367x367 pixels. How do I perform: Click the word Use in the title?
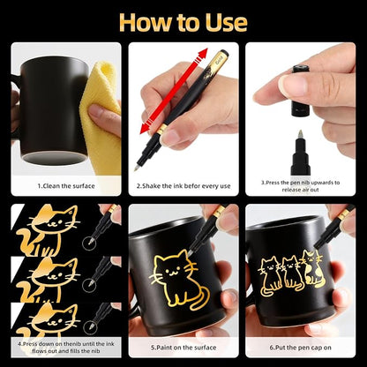tap(227, 23)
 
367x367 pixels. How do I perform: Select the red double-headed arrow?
tap(174, 91)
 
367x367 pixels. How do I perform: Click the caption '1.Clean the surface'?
tap(66, 186)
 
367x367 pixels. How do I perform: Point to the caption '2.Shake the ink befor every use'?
tap(183, 186)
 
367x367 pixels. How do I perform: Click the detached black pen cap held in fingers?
tap(301, 90)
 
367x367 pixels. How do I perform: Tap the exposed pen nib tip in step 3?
tap(300, 134)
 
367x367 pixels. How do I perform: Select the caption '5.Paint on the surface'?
tap(183, 348)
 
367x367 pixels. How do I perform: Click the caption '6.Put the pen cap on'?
tap(300, 348)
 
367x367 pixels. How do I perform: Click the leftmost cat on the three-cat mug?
tap(269, 276)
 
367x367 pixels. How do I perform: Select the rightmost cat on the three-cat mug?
tap(314, 268)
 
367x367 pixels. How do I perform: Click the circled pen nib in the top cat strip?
tap(89, 243)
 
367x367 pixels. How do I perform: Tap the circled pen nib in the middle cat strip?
tap(89, 285)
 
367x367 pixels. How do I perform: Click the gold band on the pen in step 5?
tap(219, 212)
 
